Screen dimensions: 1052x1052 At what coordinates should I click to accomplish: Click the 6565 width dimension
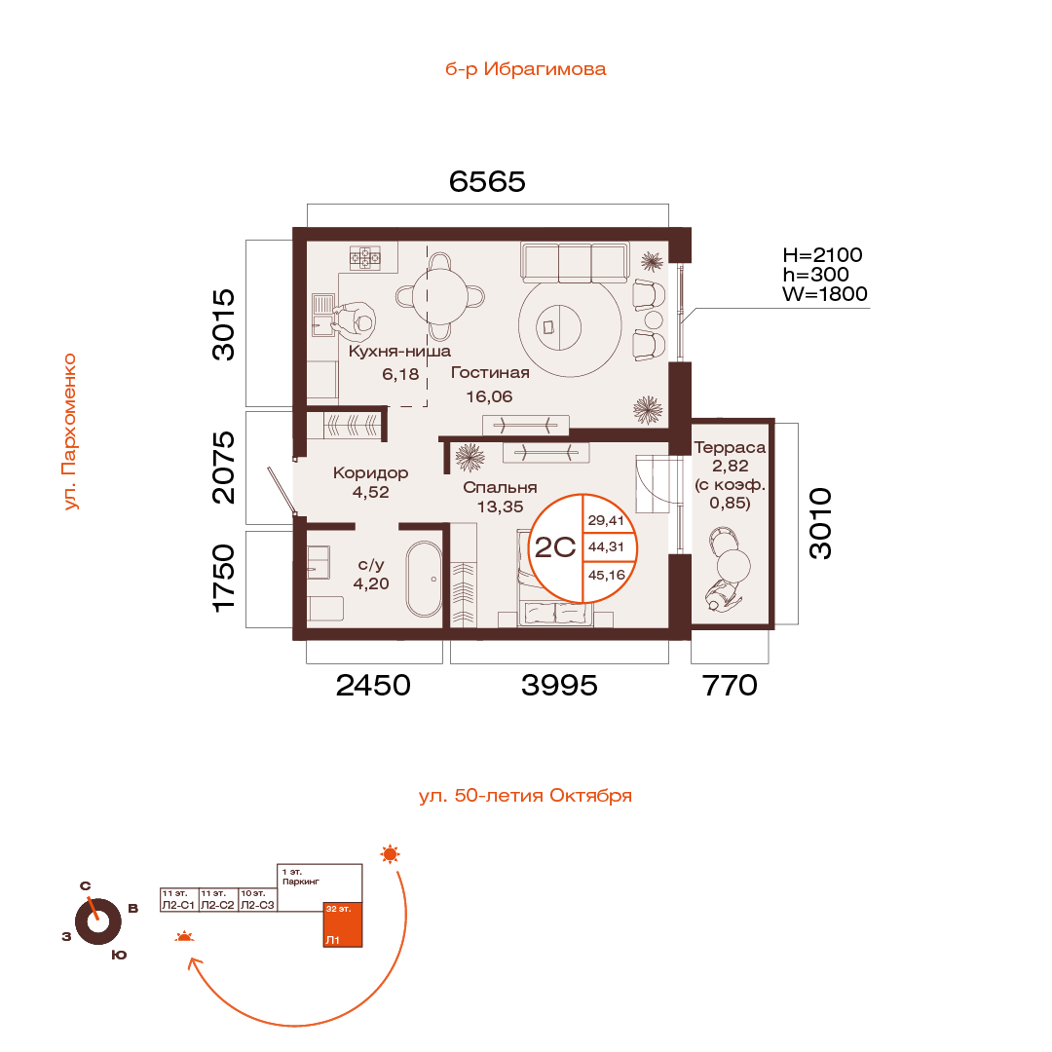487,182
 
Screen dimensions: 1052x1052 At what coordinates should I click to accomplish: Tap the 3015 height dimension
223,324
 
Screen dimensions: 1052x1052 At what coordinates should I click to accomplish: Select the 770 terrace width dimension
730,686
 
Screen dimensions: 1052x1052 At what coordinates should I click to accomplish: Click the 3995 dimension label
559,686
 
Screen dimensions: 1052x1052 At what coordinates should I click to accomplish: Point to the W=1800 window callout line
776,310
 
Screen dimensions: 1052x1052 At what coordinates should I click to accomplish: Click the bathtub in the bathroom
424,579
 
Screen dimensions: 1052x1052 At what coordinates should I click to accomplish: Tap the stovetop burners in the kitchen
365,257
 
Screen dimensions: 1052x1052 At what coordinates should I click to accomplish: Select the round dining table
440,296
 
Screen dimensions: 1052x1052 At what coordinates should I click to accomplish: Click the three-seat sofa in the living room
575,262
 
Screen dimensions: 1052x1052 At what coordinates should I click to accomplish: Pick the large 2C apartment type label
555,547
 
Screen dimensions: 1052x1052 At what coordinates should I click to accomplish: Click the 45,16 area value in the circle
607,575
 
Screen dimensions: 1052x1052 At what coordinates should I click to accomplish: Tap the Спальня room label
500,488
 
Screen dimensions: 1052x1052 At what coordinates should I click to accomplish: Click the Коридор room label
370,473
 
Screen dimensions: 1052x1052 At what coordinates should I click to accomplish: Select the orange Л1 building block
343,924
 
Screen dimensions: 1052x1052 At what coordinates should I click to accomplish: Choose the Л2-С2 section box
218,900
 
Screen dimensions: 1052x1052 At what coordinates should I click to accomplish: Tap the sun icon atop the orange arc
390,854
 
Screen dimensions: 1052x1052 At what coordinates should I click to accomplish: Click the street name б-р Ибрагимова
525,69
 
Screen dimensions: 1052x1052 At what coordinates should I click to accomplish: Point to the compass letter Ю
119,955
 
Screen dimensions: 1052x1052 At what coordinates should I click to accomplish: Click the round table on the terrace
733,565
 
